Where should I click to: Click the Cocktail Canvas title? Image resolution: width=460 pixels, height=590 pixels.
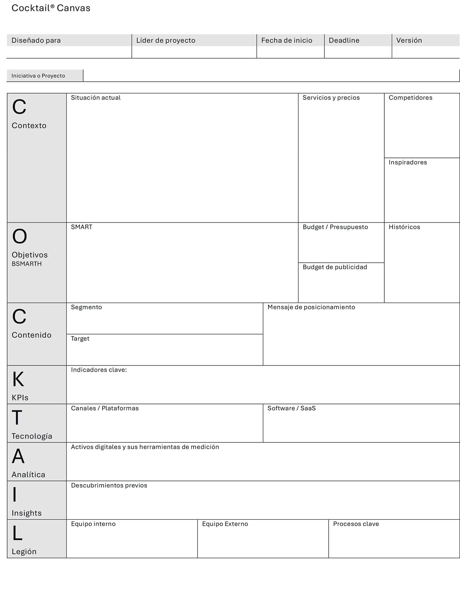[x=51, y=8]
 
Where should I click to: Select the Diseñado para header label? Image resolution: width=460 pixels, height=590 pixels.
[x=36, y=41]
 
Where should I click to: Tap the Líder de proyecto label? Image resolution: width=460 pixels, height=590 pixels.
[x=166, y=41]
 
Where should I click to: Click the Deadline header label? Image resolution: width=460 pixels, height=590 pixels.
[x=344, y=41]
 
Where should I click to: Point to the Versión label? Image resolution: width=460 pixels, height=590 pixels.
[x=409, y=41]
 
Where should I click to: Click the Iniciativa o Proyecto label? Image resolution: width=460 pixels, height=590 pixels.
[x=38, y=76]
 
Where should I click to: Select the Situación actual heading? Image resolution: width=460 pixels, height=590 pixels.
[x=96, y=98]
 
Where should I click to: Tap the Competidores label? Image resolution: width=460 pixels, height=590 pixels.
[x=410, y=98]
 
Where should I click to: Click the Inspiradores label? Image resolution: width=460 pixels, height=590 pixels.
[x=408, y=162]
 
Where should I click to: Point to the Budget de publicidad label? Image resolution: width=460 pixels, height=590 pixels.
[x=335, y=267]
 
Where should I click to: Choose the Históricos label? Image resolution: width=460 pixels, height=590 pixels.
[x=404, y=227]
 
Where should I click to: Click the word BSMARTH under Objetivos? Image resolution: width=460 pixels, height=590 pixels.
[x=27, y=264]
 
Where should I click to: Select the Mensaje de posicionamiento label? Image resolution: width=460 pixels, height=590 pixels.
[x=311, y=307]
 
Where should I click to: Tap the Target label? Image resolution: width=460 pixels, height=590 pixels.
[x=80, y=339]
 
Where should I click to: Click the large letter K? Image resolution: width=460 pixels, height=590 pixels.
[x=18, y=379]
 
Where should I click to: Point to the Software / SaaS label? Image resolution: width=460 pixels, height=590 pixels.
[x=291, y=408]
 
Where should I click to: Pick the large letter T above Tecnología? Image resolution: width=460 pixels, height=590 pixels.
[x=17, y=418]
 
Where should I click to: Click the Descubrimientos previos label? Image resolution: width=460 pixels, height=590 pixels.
[x=109, y=486]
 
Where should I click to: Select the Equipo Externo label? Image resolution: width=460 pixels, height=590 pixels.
[x=225, y=524]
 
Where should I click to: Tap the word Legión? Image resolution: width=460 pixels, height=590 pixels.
[x=24, y=552]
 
